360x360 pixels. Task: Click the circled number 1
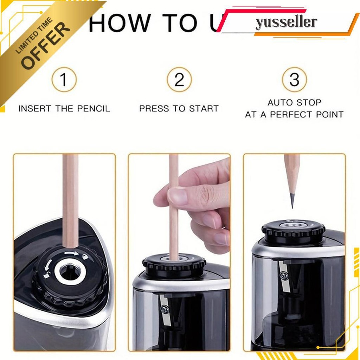pos(64,80)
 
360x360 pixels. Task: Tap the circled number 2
pos(179,80)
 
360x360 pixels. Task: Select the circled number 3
pos(294,80)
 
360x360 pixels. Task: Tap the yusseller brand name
pos(286,22)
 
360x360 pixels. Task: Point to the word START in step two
pos(203,109)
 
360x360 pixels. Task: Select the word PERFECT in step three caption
pos(293,115)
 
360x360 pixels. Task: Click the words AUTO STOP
pos(294,103)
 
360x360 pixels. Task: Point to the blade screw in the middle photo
pos(164,309)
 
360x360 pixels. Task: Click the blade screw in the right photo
pos(284,277)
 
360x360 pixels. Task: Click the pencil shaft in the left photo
pos(71,200)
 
